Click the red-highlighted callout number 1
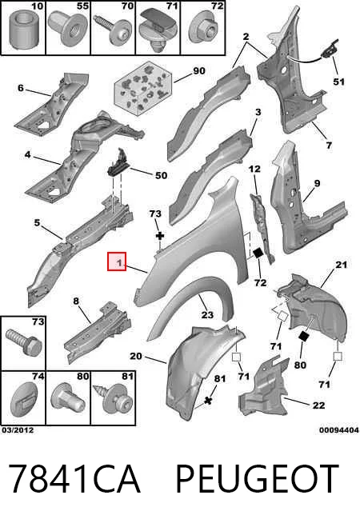pos(117,261)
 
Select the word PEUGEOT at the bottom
pos(257,479)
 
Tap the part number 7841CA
pos(74,479)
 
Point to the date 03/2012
pos(18,430)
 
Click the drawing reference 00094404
pos(339,430)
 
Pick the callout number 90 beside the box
pos(198,71)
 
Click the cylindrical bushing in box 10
pos(23,30)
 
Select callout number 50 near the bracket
pos(161,175)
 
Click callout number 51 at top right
pos(339,82)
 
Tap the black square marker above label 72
pos(258,254)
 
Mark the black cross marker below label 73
pos(160,236)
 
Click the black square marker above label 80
pos(303,336)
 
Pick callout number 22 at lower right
pos(318,405)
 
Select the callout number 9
pos(317,183)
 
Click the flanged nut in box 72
pos(204,32)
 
